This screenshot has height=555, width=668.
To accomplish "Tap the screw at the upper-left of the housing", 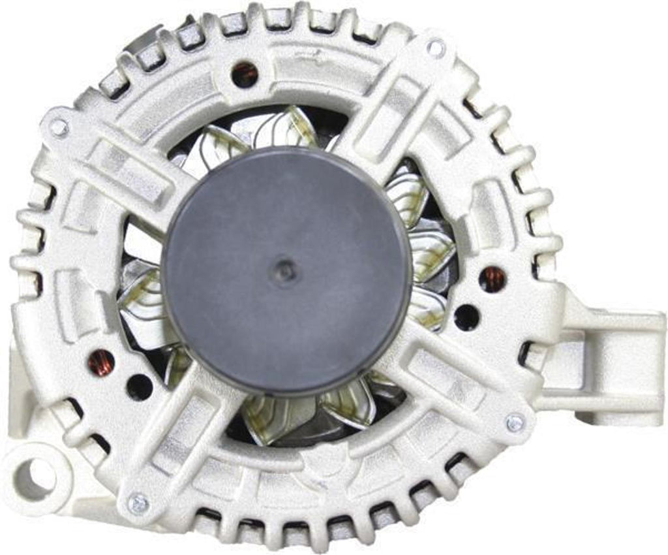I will pyautogui.click(x=59, y=127).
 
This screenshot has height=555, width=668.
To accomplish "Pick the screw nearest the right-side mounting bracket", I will pyautogui.click(x=515, y=422).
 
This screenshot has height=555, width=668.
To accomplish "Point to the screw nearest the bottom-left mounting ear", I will pyautogui.click(x=138, y=503).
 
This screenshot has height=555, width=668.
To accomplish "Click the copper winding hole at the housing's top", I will pyautogui.click(x=245, y=74).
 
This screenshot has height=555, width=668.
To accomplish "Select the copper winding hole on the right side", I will pyautogui.click(x=492, y=279).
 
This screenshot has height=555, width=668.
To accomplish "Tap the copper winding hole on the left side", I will pyautogui.click(x=101, y=363).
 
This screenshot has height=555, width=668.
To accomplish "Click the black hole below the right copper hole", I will pyautogui.click(x=466, y=317).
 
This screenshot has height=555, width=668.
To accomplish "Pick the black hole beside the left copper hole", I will pyautogui.click(x=139, y=387).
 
